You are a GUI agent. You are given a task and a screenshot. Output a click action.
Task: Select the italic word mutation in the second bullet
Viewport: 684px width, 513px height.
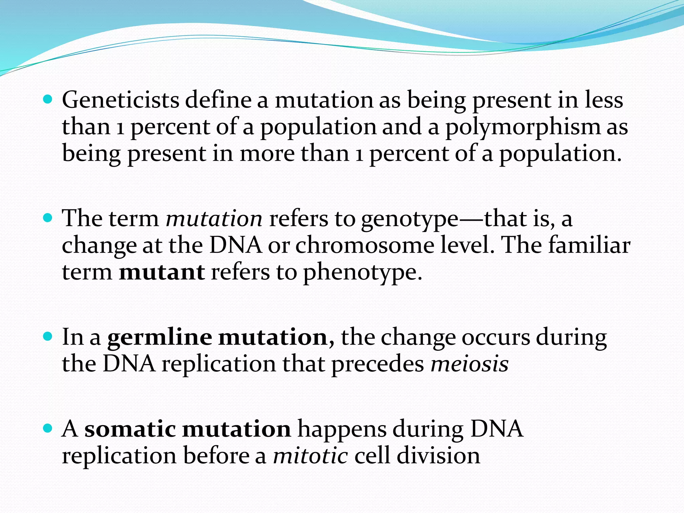coord(214,219)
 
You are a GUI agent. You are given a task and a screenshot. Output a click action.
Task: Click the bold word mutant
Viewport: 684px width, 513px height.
coord(162,272)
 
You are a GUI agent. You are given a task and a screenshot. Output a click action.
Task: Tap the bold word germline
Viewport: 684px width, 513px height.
coord(159,337)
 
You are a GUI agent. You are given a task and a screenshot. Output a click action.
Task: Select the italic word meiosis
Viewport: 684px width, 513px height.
coord(469,364)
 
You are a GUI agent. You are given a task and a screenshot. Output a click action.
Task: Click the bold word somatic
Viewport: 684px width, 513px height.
coord(130,429)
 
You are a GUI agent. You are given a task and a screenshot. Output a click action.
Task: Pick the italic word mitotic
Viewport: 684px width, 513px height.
coord(310,456)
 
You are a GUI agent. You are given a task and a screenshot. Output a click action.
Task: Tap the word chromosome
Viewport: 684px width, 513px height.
coord(365,245)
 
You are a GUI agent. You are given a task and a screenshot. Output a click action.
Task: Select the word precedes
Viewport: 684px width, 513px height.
coord(377,364)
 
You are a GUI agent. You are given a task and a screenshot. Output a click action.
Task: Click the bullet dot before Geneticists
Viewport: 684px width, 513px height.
coord(48,100)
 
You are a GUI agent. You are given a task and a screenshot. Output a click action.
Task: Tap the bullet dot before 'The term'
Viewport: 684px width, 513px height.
coord(48,218)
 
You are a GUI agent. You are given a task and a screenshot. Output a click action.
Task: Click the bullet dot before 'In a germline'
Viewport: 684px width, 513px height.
coord(48,337)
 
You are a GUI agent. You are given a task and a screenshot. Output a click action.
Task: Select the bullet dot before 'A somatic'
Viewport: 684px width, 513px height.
coord(48,428)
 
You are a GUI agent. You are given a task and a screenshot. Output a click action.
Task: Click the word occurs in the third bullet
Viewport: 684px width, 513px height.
coord(496,337)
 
